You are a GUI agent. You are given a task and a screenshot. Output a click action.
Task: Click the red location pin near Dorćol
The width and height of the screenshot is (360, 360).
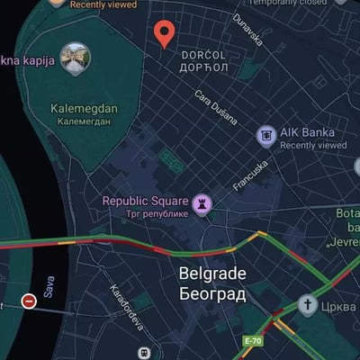tap(164, 33)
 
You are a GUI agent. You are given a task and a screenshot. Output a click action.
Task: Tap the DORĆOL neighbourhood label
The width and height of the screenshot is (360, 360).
tap(204, 54)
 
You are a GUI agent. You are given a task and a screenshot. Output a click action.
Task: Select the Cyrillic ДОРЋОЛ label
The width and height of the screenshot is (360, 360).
tap(204, 67)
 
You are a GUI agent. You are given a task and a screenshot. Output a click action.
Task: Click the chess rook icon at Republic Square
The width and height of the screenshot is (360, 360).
tap(208, 202)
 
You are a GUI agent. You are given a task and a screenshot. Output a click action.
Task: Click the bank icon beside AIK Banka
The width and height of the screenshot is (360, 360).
tap(266, 136)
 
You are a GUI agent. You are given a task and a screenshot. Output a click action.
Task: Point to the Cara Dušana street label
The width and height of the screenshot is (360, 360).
tap(215, 106)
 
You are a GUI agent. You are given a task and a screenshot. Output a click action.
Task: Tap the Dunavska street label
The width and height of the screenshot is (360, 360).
tap(247, 29)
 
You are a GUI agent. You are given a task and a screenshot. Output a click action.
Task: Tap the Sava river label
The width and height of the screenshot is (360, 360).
tap(49, 286)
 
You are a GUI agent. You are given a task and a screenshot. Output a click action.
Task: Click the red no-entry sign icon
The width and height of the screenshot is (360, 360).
tap(29, 301)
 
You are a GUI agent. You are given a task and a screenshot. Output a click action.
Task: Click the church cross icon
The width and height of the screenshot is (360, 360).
tap(308, 305)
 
